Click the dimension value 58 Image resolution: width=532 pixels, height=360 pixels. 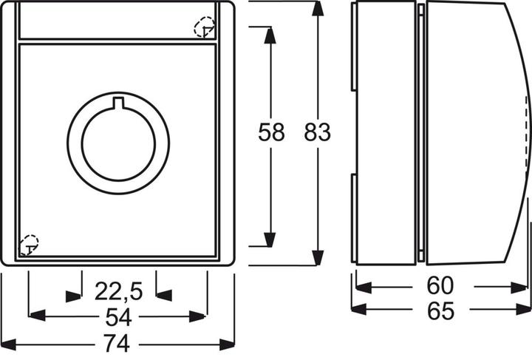point(271,133)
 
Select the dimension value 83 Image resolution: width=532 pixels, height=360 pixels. point(318,133)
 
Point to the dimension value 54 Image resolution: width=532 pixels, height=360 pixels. point(118,318)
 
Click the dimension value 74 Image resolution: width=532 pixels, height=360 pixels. point(118,344)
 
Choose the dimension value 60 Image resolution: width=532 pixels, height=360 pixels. point(440,285)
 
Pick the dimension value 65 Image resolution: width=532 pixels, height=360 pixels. point(440,311)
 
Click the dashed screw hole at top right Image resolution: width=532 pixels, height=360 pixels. point(204,28)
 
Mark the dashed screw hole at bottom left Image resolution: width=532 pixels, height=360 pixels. point(28,243)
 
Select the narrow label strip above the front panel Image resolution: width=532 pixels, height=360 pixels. point(118,21)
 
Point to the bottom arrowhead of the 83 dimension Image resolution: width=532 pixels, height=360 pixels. point(318,258)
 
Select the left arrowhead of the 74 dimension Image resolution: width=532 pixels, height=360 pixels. point(9,344)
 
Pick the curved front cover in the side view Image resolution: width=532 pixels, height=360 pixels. point(473,133)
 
